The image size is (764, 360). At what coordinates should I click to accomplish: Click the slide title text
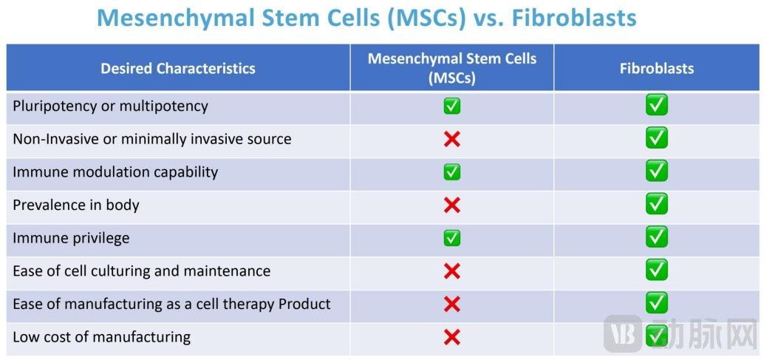click(x=367, y=18)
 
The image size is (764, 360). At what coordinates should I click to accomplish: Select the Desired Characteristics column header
click(x=178, y=68)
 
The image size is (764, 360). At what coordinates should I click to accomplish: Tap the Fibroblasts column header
click(x=657, y=68)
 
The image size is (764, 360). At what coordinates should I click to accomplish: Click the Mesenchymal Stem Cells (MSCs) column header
click(x=451, y=68)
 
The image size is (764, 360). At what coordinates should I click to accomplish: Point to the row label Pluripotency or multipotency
click(x=111, y=106)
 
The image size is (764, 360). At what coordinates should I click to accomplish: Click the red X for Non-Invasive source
click(x=451, y=139)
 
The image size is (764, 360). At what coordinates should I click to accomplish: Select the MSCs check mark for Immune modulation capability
click(x=451, y=172)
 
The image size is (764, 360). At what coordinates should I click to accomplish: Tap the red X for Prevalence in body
click(x=451, y=205)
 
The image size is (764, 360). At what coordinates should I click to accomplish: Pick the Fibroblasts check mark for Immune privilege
click(x=657, y=237)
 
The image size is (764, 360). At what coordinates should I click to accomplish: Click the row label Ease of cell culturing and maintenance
click(x=141, y=271)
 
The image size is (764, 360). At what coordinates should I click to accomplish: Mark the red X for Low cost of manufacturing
click(x=451, y=337)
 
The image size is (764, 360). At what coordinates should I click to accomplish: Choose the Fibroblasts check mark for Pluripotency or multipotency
click(x=657, y=105)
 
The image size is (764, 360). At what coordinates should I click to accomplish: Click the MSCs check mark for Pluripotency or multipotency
click(x=451, y=106)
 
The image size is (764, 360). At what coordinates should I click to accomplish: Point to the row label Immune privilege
click(x=71, y=238)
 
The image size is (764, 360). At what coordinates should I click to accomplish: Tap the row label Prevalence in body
click(x=76, y=205)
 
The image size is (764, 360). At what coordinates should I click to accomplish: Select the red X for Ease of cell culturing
click(x=451, y=271)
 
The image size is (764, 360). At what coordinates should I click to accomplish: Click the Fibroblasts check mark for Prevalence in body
click(x=657, y=204)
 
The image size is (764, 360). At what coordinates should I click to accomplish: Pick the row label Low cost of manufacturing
click(x=101, y=337)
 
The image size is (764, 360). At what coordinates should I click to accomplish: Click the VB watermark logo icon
click(x=623, y=333)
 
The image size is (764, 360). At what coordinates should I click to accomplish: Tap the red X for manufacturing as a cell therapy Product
click(x=451, y=305)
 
